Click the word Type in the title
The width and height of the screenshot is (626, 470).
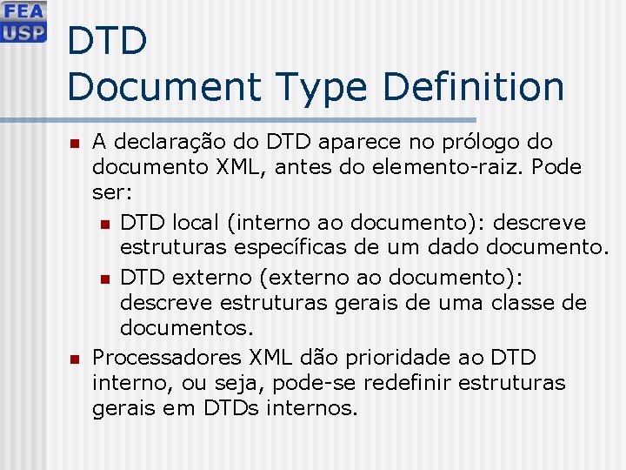pos(325,86)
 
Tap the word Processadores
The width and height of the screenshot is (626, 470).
pos(167,357)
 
